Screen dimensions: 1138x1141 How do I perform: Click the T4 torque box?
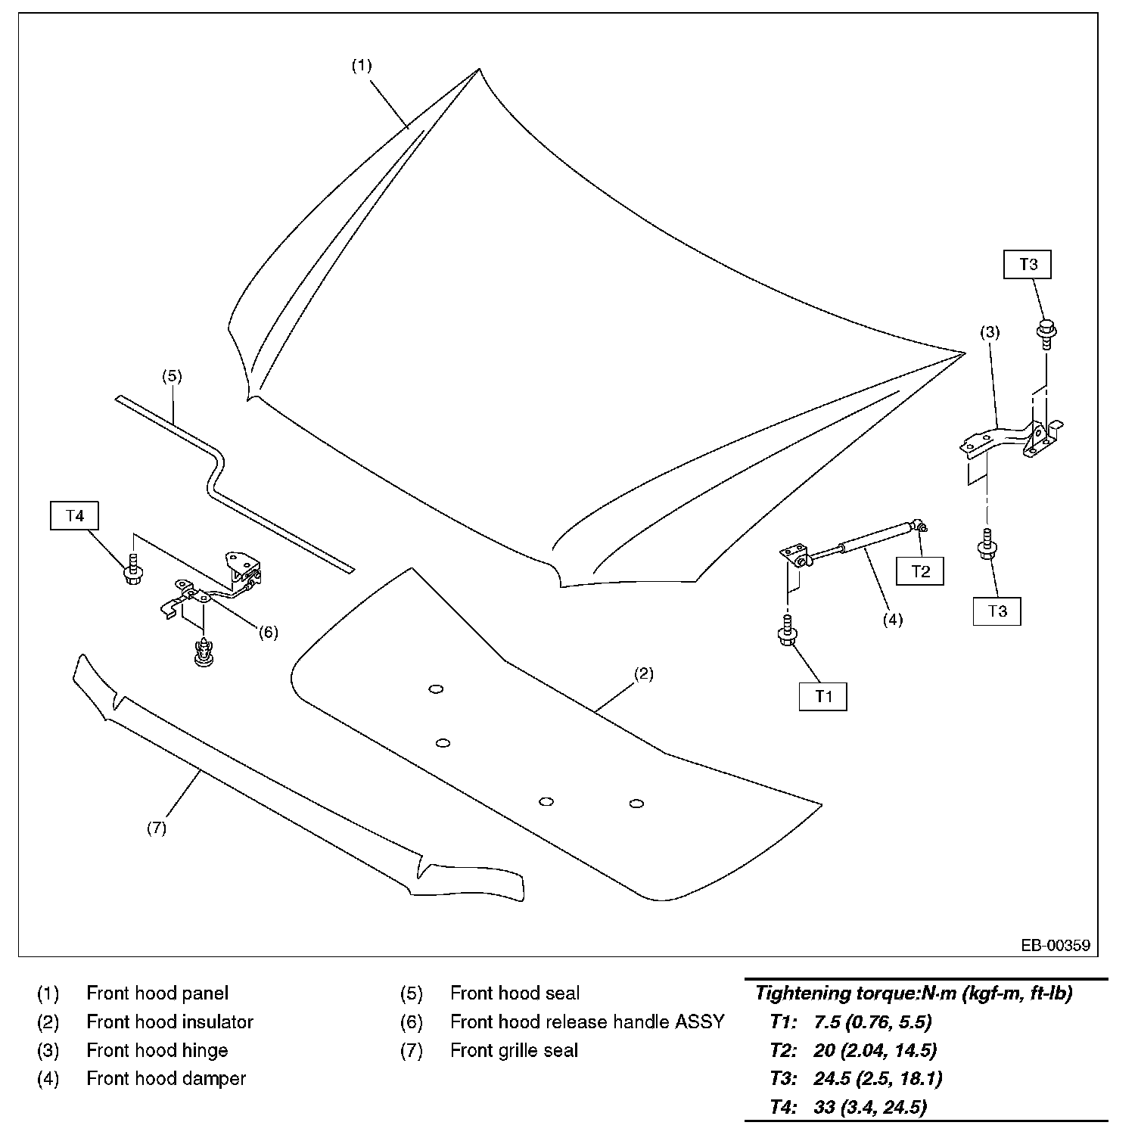click(75, 516)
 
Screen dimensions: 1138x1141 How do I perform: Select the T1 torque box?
click(823, 696)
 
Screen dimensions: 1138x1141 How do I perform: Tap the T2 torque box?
click(920, 571)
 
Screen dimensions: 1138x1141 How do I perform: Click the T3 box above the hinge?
click(1028, 265)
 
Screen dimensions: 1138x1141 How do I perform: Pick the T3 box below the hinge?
click(997, 611)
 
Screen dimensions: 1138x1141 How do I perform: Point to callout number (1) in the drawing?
click(362, 66)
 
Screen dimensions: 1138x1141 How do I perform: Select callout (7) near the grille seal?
click(157, 828)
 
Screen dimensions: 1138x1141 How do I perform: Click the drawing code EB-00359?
click(1056, 945)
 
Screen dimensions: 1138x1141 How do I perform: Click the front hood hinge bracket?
click(1012, 440)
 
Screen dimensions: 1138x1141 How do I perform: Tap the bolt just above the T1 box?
click(788, 630)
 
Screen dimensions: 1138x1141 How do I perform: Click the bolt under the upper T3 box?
click(1046, 333)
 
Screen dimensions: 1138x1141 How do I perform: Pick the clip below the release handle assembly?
click(201, 652)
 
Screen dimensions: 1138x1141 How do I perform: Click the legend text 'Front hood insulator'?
click(170, 1022)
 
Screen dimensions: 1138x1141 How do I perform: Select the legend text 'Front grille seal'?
click(515, 1050)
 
